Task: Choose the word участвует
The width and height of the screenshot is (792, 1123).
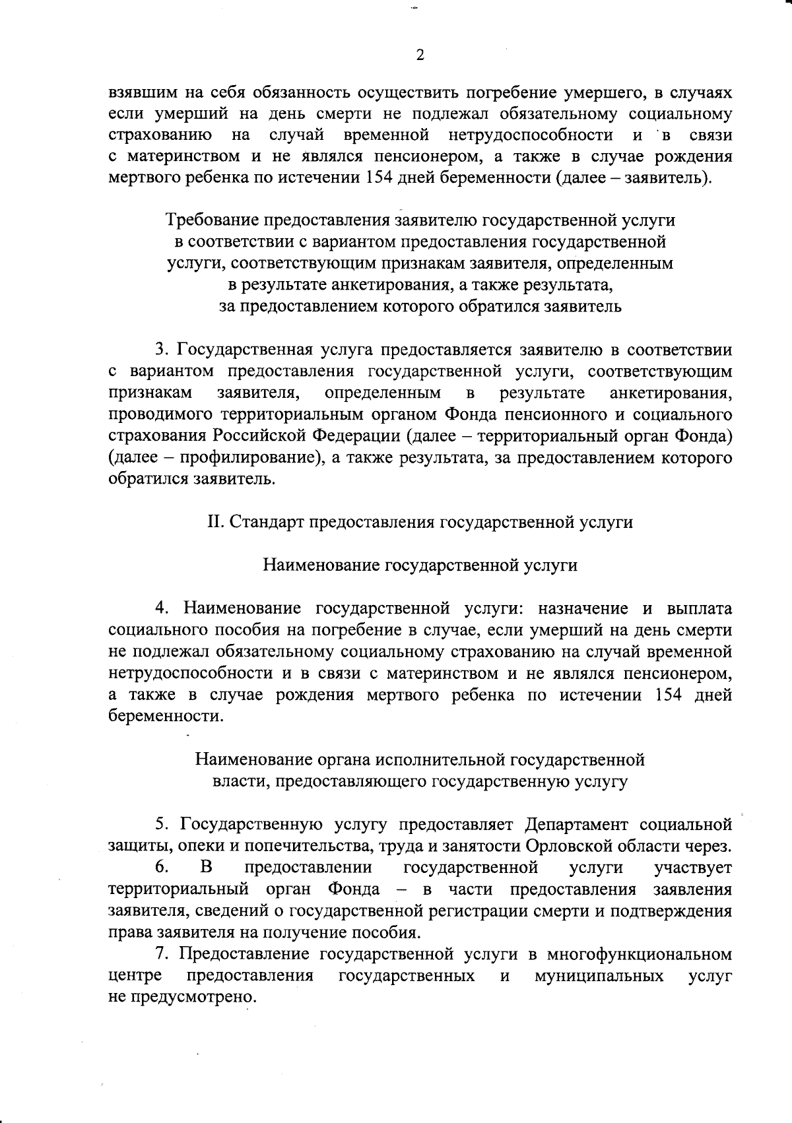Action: click(692, 868)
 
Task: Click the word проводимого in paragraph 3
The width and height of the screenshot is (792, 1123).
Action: click(155, 415)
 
